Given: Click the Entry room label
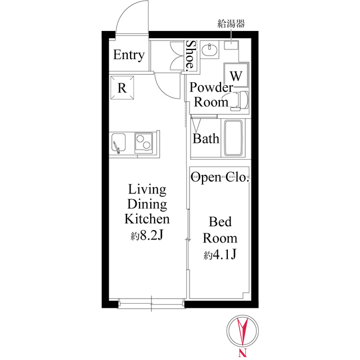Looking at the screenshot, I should tap(129, 56).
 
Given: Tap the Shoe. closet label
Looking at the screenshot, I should tap(191, 55).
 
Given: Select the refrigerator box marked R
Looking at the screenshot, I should tap(122, 87).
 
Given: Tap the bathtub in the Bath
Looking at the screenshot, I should tap(233, 138).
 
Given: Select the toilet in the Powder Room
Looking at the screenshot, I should tap(240, 101).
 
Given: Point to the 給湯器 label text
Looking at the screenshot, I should tap(231, 24).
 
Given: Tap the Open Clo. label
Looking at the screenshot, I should tap(220, 178).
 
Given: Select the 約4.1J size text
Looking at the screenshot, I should tap(219, 255).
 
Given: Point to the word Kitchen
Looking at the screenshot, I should tap(146, 219).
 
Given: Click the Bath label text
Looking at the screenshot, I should tap(206, 138).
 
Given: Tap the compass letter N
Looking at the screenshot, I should tap(243, 353).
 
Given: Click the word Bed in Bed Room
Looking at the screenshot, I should tap(219, 221).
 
